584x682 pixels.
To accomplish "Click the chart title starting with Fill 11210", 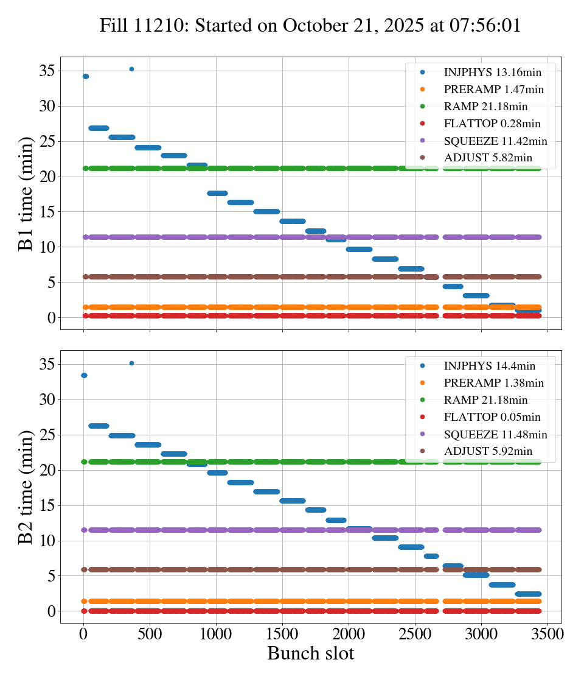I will click(x=310, y=26).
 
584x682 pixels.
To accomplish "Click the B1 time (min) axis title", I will click(x=25, y=194).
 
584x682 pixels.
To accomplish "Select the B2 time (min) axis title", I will click(x=25, y=487).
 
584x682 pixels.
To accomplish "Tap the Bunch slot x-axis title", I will click(x=310, y=654).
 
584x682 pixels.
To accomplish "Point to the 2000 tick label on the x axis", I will click(x=349, y=633).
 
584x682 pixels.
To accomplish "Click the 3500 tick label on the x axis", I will click(x=547, y=633).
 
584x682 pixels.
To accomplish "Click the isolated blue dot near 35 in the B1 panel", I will click(x=131, y=69).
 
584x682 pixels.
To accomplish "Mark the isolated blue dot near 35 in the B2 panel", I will click(x=131, y=363).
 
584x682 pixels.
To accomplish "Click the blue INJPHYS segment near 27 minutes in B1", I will click(x=99, y=128).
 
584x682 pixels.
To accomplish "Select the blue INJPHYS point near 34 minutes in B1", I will click(x=85, y=76).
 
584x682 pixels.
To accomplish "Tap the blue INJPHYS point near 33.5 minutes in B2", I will click(x=84, y=375).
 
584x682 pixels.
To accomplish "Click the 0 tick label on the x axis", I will click(x=83, y=633).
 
